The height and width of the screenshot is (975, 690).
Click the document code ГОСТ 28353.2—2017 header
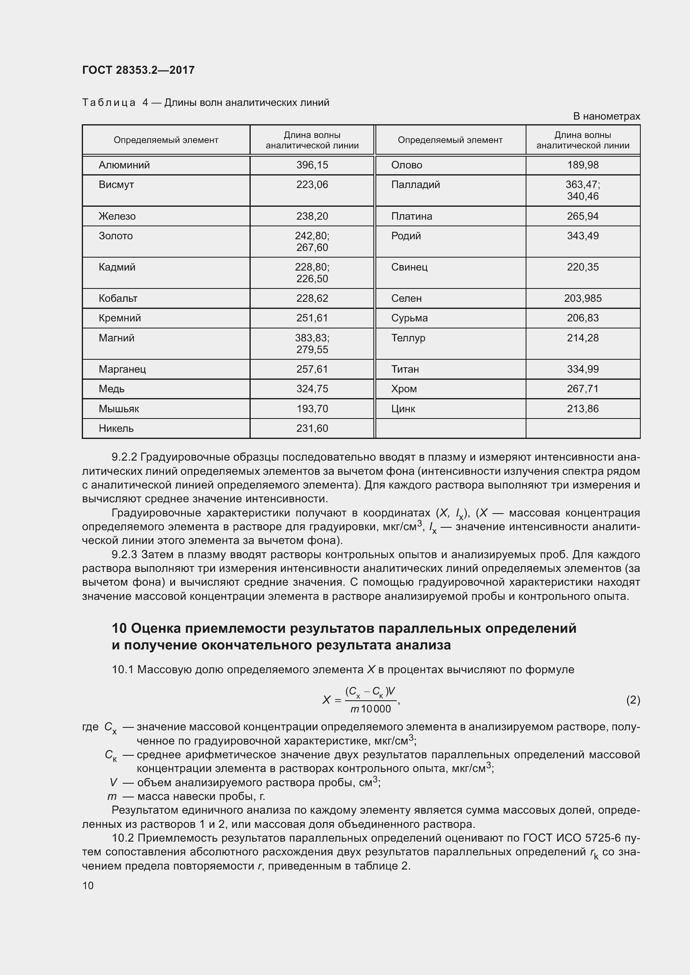(x=138, y=70)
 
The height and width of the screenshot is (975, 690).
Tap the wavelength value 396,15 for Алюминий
(x=312, y=165)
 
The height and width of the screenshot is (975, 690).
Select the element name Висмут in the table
(x=116, y=185)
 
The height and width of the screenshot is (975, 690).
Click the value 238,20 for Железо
(x=312, y=216)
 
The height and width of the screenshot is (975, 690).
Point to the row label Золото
(x=116, y=236)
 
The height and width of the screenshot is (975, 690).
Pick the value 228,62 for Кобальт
(x=312, y=298)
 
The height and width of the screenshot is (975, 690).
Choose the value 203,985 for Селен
(x=582, y=298)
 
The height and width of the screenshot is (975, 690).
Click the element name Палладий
(x=415, y=185)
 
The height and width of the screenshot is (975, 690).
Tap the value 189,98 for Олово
(x=582, y=165)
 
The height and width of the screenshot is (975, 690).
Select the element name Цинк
(x=403, y=409)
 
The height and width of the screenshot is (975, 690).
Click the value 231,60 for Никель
(x=312, y=428)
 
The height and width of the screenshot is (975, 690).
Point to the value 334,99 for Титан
(x=582, y=369)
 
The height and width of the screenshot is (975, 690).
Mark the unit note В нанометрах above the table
(x=606, y=116)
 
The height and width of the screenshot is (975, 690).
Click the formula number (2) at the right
(x=633, y=699)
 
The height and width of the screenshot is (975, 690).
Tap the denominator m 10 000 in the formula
(x=370, y=709)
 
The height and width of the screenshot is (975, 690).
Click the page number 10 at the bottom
(x=88, y=885)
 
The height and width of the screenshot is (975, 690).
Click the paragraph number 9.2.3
(x=124, y=554)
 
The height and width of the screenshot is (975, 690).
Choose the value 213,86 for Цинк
(x=582, y=409)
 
